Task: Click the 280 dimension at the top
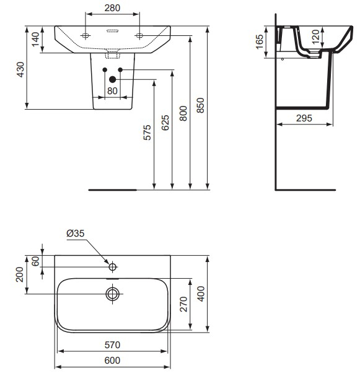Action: tap(112, 9)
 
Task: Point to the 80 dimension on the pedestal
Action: tap(112, 90)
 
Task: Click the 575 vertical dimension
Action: tap(147, 135)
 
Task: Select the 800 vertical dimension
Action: tap(183, 113)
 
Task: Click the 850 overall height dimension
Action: tap(200, 106)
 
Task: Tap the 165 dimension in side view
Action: tap(260, 42)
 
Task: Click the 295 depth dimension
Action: tap(304, 117)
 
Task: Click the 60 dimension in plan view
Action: tap(36, 261)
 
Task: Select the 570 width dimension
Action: tap(112, 344)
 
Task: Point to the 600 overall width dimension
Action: tap(112, 360)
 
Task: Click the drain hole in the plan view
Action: tap(112, 294)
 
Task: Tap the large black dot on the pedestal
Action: tap(112, 79)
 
